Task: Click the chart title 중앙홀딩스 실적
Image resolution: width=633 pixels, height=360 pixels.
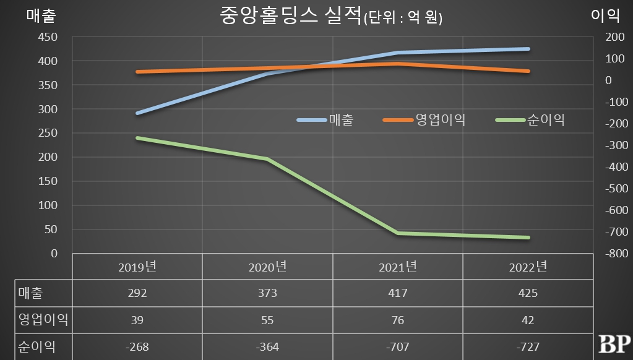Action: [290, 16]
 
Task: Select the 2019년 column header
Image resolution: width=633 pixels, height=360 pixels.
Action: [137, 267]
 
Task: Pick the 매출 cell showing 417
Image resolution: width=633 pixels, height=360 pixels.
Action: [398, 293]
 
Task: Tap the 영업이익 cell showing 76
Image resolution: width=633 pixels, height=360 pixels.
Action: [398, 320]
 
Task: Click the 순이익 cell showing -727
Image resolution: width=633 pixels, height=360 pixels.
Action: [528, 347]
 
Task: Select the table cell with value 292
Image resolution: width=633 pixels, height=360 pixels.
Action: [137, 293]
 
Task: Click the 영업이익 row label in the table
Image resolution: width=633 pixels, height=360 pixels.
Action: [43, 320]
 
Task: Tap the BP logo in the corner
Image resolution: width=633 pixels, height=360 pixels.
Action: [614, 344]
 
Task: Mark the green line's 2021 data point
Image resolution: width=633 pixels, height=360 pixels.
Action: [398, 233]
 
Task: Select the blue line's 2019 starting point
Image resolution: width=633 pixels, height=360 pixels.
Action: [137, 113]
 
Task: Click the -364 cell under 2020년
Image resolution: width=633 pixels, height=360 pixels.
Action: [267, 347]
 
